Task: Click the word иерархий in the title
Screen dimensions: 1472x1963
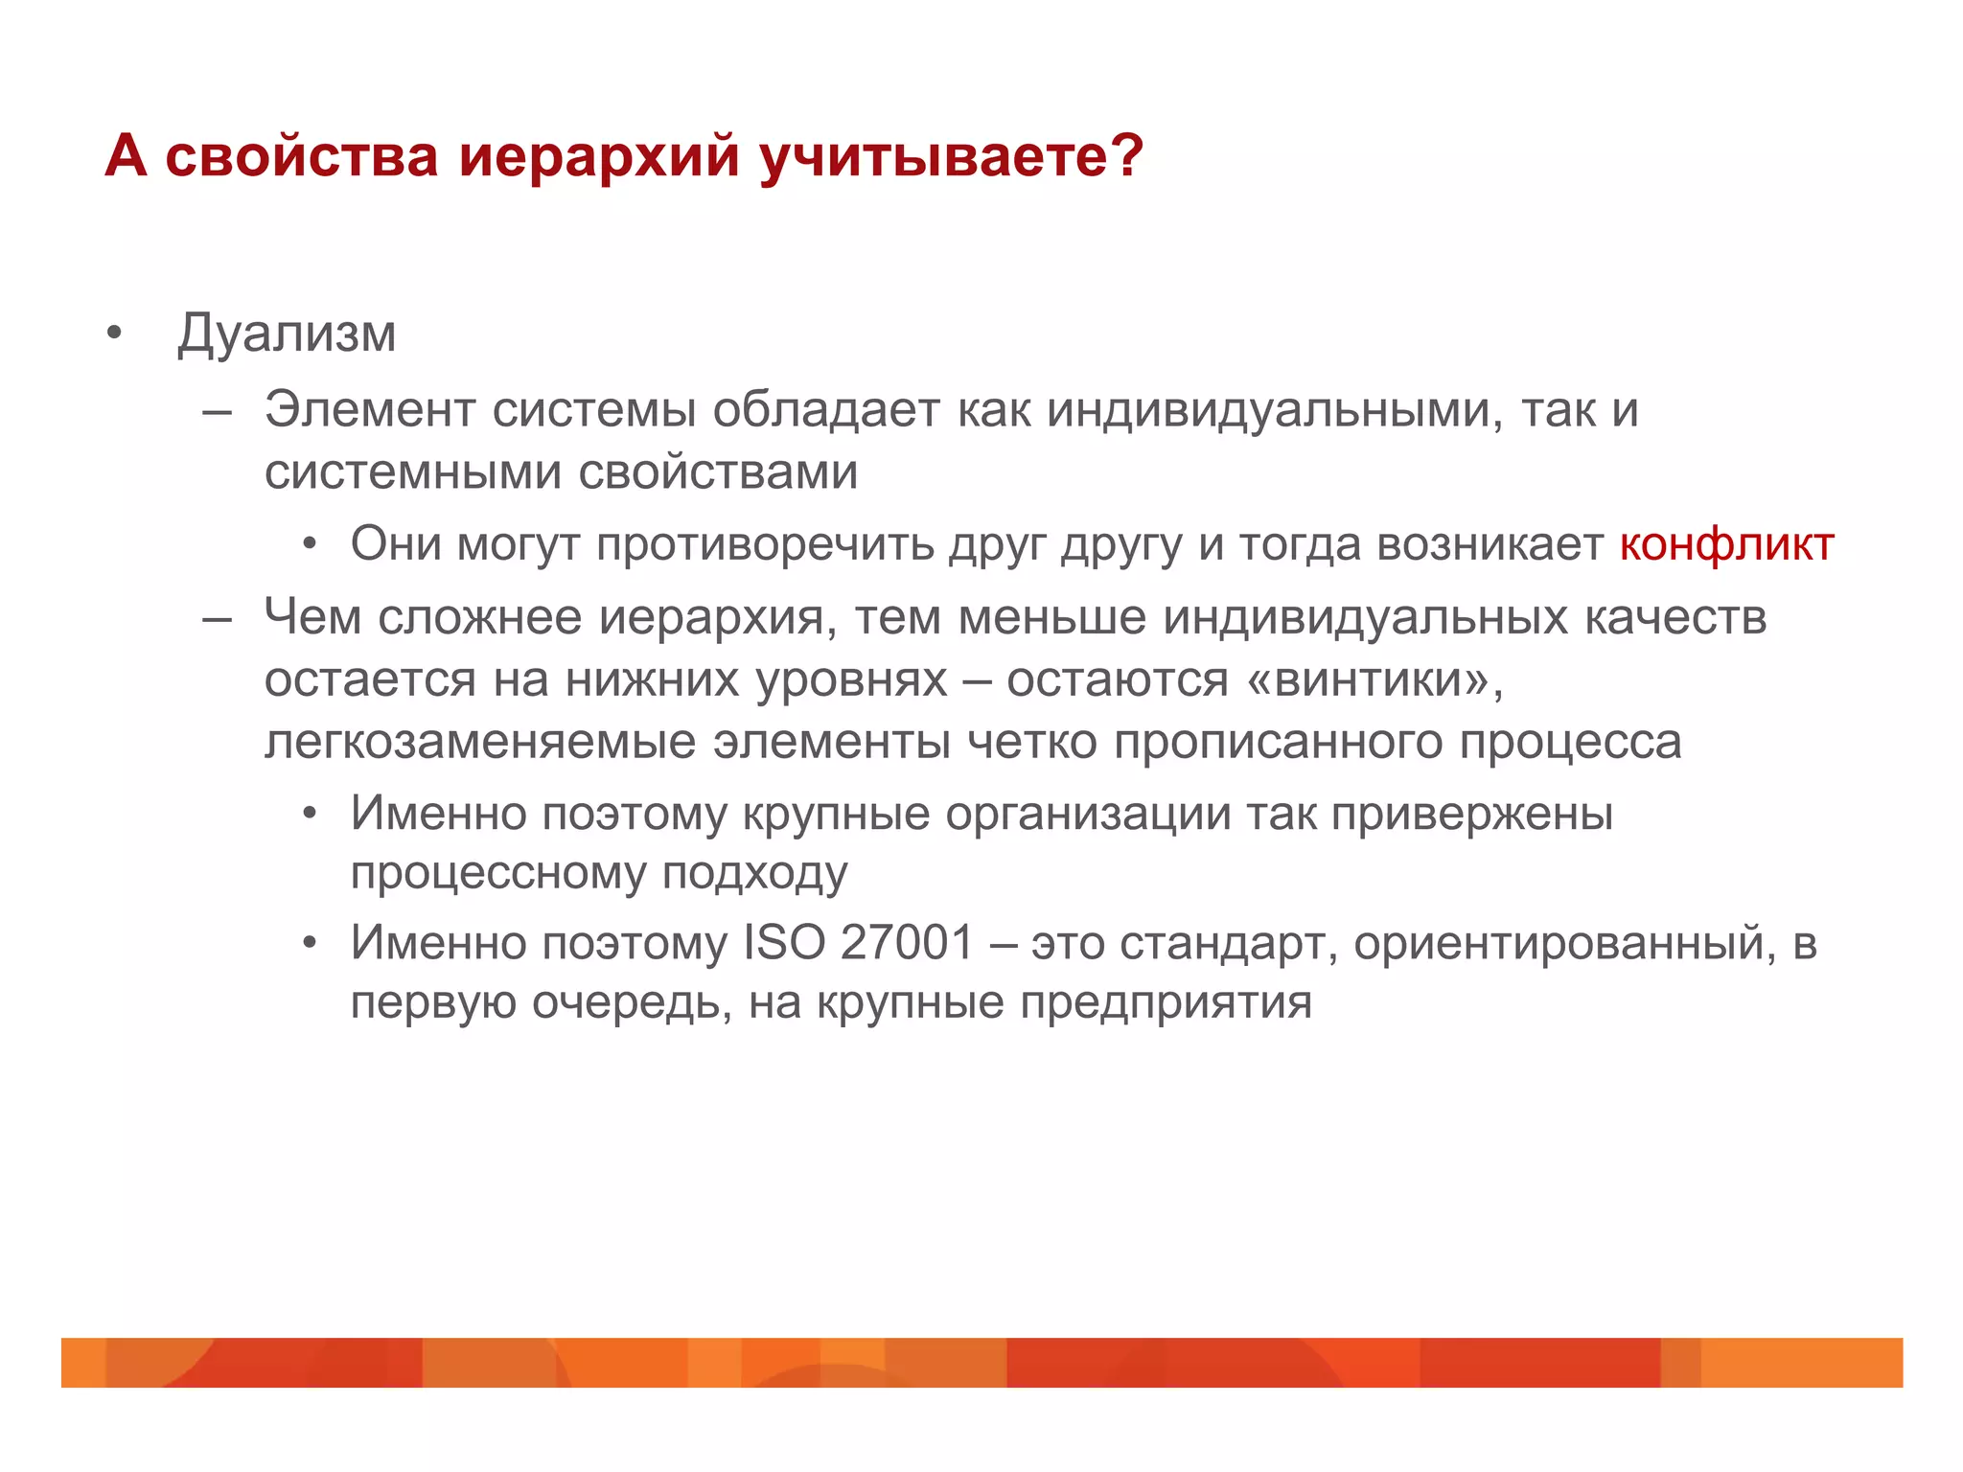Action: (x=599, y=155)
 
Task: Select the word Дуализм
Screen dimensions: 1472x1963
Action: (x=287, y=334)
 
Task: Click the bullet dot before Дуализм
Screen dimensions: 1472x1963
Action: (x=115, y=334)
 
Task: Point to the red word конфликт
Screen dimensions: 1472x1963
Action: (x=1726, y=544)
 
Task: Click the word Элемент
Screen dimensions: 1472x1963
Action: (x=369, y=410)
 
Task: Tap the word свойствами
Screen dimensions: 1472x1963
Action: (x=718, y=472)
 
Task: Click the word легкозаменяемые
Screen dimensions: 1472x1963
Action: (x=480, y=742)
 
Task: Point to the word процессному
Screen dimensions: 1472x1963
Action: (x=497, y=874)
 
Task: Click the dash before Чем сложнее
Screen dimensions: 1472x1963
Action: (x=218, y=618)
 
